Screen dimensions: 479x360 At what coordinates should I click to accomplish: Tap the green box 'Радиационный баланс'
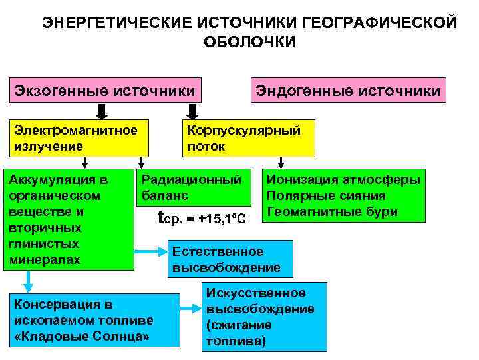193,187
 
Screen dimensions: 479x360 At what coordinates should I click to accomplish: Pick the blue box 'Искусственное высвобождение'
264,317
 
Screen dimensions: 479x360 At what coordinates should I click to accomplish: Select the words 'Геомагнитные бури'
331,212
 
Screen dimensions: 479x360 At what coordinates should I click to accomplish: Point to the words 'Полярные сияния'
326,196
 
